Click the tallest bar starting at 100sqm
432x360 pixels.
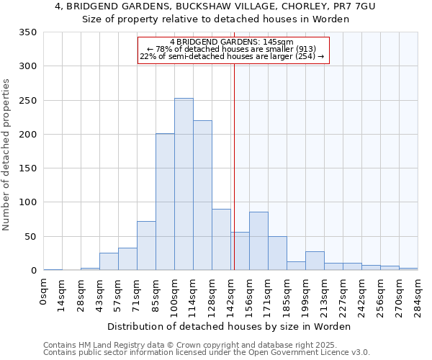184,184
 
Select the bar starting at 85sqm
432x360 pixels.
165,202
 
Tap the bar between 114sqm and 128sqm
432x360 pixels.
202,195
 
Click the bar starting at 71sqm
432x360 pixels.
146,246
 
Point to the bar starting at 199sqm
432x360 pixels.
315,261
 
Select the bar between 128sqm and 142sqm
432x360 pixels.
221,240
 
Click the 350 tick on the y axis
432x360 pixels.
29,32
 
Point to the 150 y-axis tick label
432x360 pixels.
29,168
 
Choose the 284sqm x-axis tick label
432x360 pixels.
418,294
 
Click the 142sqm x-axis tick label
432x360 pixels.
231,294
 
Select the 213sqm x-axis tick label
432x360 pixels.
324,294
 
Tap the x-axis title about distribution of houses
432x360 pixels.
228,326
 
